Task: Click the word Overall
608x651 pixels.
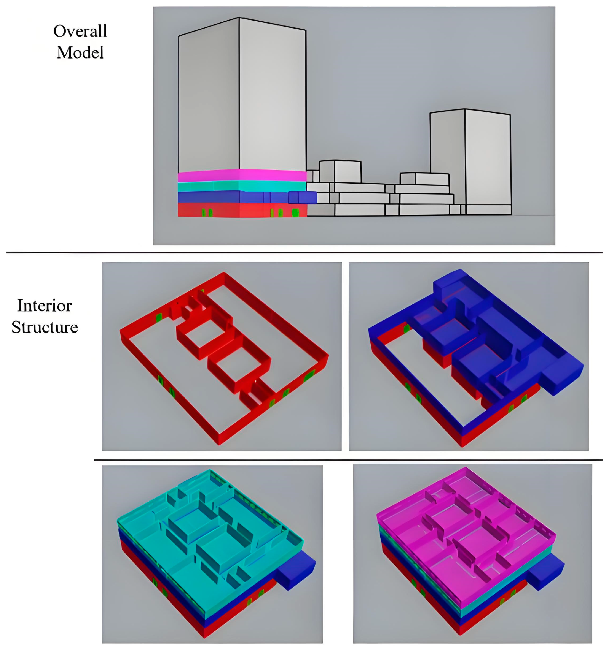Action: (80, 31)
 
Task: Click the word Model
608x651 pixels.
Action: (80, 53)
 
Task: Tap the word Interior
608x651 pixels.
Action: (45, 306)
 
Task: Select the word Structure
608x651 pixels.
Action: (45, 327)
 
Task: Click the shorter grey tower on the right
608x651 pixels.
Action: (472, 157)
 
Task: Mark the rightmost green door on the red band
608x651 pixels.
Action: (295, 213)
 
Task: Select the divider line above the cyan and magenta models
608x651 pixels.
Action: (347, 460)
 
